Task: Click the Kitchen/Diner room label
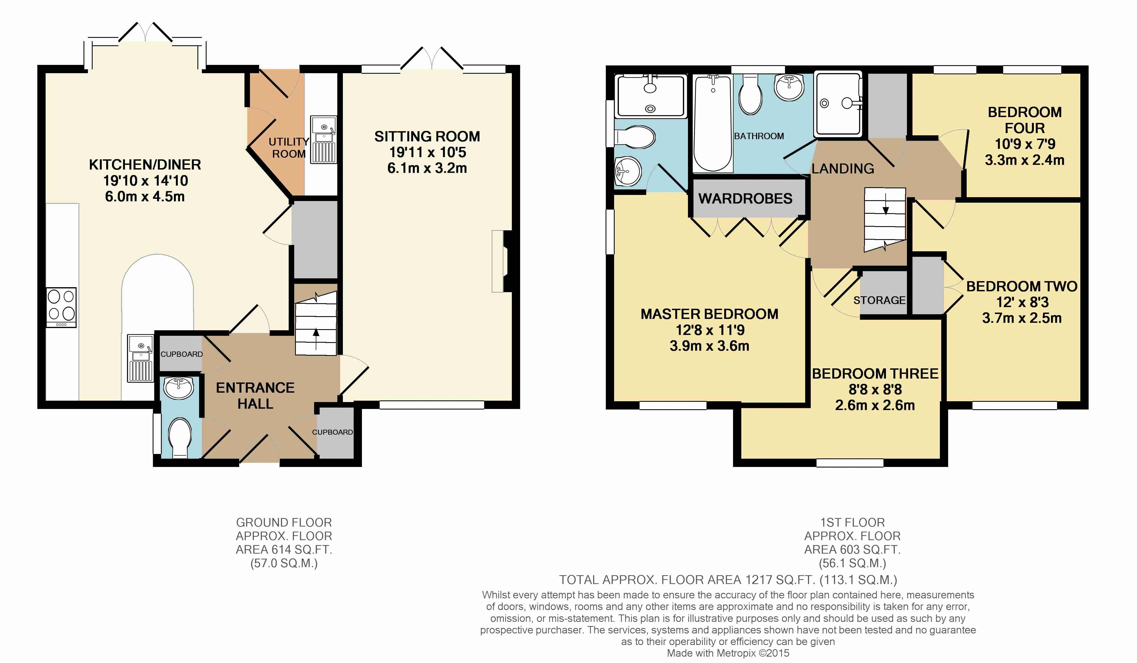(x=145, y=165)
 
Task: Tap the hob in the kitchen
(x=61, y=307)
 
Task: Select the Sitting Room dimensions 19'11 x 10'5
(x=427, y=152)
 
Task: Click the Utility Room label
(x=289, y=148)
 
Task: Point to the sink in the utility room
(x=324, y=139)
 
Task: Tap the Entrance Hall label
(x=255, y=395)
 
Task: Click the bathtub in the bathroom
(x=713, y=123)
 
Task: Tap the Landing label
(x=843, y=168)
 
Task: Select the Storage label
(x=879, y=300)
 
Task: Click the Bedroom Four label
(x=1025, y=120)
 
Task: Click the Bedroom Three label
(x=875, y=374)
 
